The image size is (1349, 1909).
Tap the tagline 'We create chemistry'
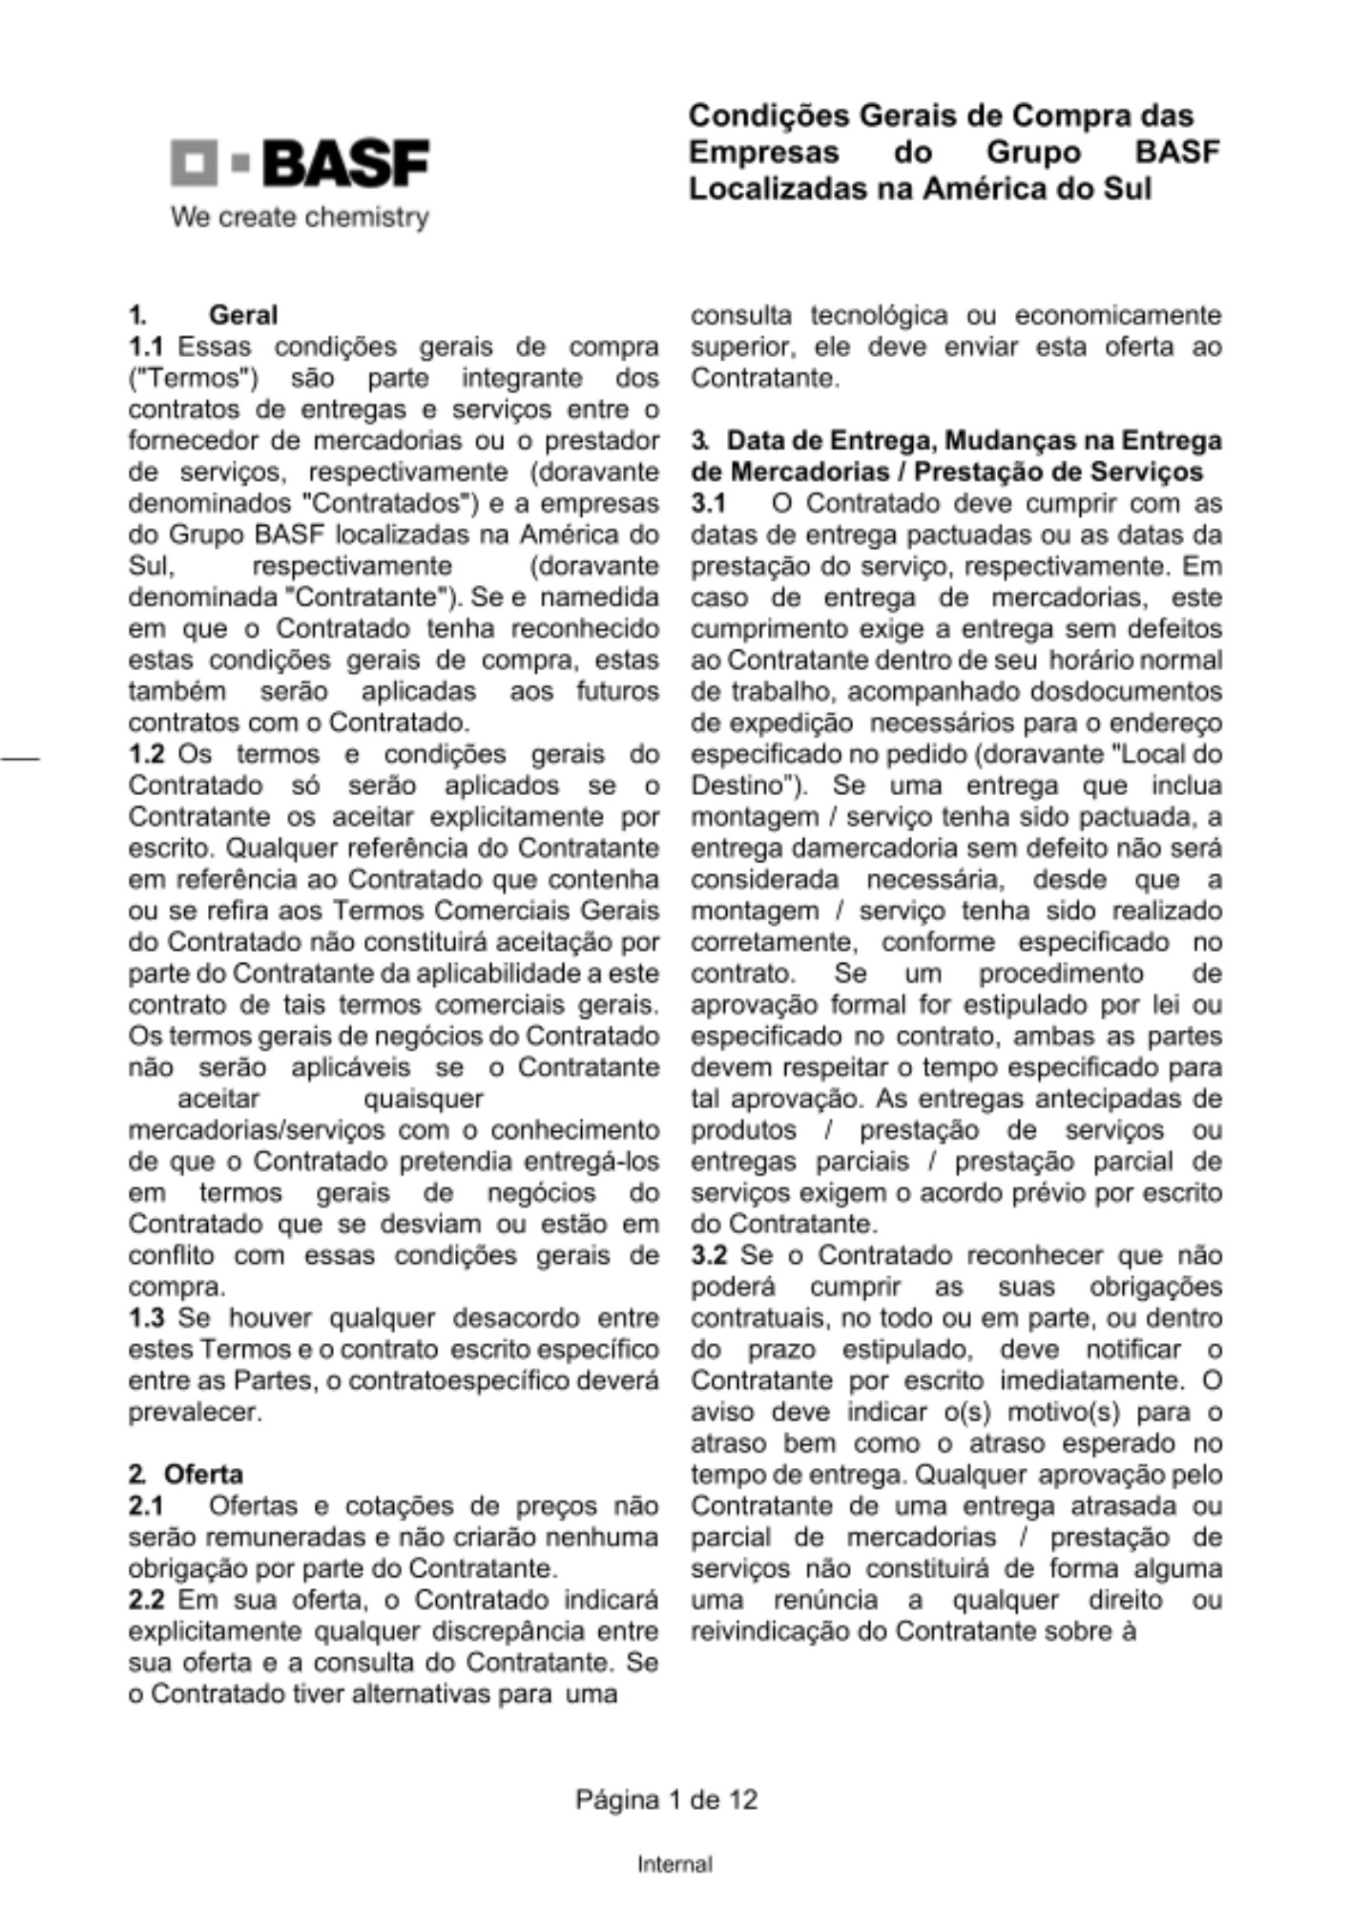[300, 218]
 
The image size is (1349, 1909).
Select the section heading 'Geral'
[243, 315]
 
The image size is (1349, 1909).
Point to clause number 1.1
[146, 346]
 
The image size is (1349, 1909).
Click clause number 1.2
[146, 754]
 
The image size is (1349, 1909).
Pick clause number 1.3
[146, 1318]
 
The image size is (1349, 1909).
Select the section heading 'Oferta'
[203, 1475]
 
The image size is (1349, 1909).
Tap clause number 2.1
[146, 1506]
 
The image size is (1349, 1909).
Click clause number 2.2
[146, 1600]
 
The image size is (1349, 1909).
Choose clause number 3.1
[708, 503]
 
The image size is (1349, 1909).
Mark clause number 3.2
[708, 1255]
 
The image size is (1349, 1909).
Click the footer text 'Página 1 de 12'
[666, 1800]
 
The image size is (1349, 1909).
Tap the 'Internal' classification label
[674, 1864]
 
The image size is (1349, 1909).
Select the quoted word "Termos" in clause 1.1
[194, 378]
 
